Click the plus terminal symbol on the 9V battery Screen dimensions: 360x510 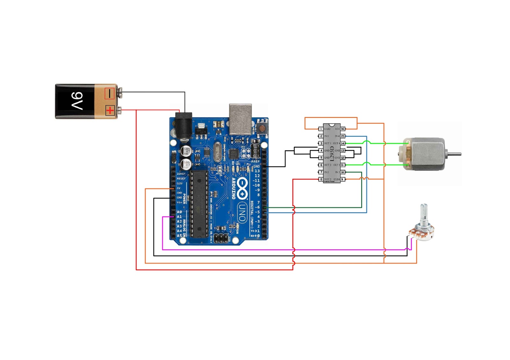click(x=110, y=111)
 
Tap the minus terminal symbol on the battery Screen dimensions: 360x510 click(x=109, y=94)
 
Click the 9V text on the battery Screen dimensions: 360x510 click(x=77, y=101)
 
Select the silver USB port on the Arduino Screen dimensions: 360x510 click(x=240, y=119)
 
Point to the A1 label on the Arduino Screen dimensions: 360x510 click(x=179, y=217)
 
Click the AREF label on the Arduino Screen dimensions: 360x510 click(x=255, y=162)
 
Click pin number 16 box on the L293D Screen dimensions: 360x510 click(x=343, y=129)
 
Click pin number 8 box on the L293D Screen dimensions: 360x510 click(x=321, y=179)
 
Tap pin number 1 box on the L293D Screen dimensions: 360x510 click(x=321, y=129)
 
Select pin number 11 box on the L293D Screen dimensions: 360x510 click(x=343, y=165)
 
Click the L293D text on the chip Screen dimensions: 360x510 click(x=332, y=153)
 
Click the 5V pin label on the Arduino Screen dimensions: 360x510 click(x=179, y=188)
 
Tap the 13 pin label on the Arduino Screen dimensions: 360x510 click(x=257, y=171)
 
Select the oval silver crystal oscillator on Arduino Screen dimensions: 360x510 click(x=217, y=152)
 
